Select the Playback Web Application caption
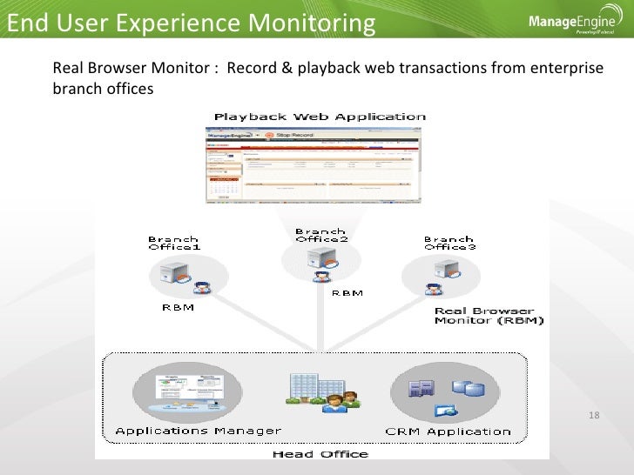coord(320,117)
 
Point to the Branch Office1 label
coord(173,243)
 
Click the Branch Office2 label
coord(321,236)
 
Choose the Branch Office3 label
coord(449,243)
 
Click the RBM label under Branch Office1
coord(178,307)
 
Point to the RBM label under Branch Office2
coord(347,293)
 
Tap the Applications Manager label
coord(198,431)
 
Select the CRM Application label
coord(448,431)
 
